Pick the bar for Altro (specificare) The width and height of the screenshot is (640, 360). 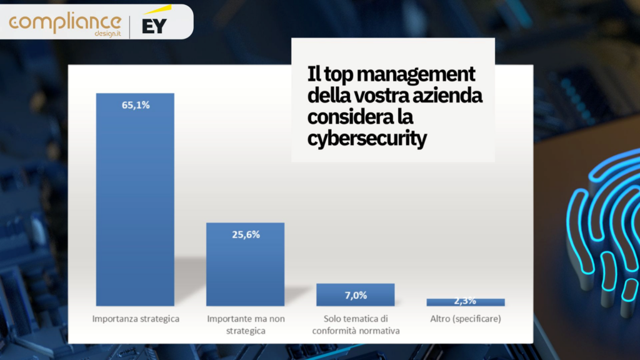[x=466, y=302]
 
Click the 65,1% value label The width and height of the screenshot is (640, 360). [x=136, y=105]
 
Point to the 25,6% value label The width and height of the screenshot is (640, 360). [x=246, y=234]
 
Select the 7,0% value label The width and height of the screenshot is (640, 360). [x=355, y=295]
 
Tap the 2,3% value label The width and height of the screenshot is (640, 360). [x=466, y=301]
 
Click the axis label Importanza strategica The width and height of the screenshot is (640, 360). [x=136, y=319]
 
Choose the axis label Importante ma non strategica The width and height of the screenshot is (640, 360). [x=246, y=324]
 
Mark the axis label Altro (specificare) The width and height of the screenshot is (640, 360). [x=466, y=319]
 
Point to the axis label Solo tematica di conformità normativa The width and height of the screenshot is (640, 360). [x=355, y=324]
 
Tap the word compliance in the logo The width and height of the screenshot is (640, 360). [x=65, y=22]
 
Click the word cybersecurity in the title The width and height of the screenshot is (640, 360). [x=367, y=139]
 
